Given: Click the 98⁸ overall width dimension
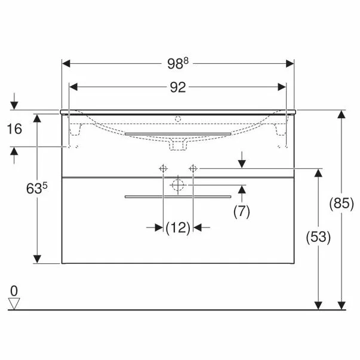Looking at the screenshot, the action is [x=178, y=63].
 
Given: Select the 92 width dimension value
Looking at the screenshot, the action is [x=178, y=87].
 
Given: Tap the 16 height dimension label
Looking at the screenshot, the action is [x=14, y=129].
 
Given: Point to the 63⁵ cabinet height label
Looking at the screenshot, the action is [x=37, y=188].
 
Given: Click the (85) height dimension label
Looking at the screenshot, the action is [x=341, y=204].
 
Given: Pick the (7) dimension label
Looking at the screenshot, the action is [x=242, y=211].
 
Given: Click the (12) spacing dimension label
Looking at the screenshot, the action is [x=178, y=227].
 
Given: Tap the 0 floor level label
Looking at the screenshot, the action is [x=14, y=291].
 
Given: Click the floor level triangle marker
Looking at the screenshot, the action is [x=14, y=304].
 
